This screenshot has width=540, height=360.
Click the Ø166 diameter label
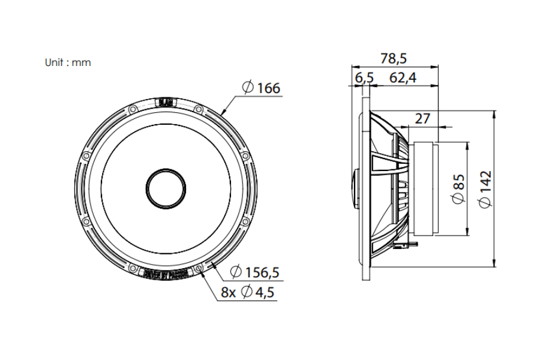pyautogui.click(x=262, y=88)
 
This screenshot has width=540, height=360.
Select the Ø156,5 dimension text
pyautogui.click(x=254, y=272)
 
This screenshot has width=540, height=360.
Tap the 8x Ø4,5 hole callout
pyautogui.click(x=248, y=293)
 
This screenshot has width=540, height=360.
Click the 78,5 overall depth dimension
pyautogui.click(x=394, y=58)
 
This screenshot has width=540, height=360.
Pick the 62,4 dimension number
pyautogui.click(x=403, y=77)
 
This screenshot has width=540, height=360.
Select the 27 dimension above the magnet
pyautogui.click(x=422, y=118)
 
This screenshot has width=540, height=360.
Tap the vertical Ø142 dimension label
pyautogui.click(x=485, y=188)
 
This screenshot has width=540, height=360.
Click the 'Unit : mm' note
pyautogui.click(x=68, y=62)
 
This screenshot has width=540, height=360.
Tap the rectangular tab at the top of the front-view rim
pyautogui.click(x=164, y=103)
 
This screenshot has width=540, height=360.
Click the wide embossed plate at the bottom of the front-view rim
pyautogui.click(x=164, y=275)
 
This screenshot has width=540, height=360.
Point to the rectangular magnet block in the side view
pyautogui.click(x=424, y=188)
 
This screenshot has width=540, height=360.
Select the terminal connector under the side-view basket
pyautogui.click(x=406, y=244)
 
